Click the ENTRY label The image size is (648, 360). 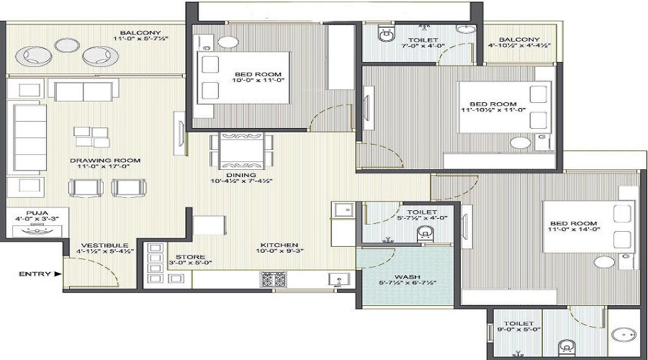35,274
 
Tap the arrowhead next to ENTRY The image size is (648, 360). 58,274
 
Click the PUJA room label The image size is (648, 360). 37,213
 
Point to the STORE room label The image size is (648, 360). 190,256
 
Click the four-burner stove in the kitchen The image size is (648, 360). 273,279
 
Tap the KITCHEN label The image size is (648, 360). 279,245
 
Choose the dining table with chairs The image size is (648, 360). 242,150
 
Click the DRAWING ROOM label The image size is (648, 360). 105,161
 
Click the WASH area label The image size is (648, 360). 407,276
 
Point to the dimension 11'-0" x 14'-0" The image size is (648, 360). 574,230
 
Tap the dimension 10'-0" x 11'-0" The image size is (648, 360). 258,80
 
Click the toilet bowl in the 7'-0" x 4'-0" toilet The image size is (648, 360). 387,34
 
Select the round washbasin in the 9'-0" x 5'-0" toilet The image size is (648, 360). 624,335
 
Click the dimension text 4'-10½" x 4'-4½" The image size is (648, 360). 519,46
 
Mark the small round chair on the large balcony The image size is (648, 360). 68,45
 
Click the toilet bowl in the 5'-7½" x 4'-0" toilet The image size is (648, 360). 424,234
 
